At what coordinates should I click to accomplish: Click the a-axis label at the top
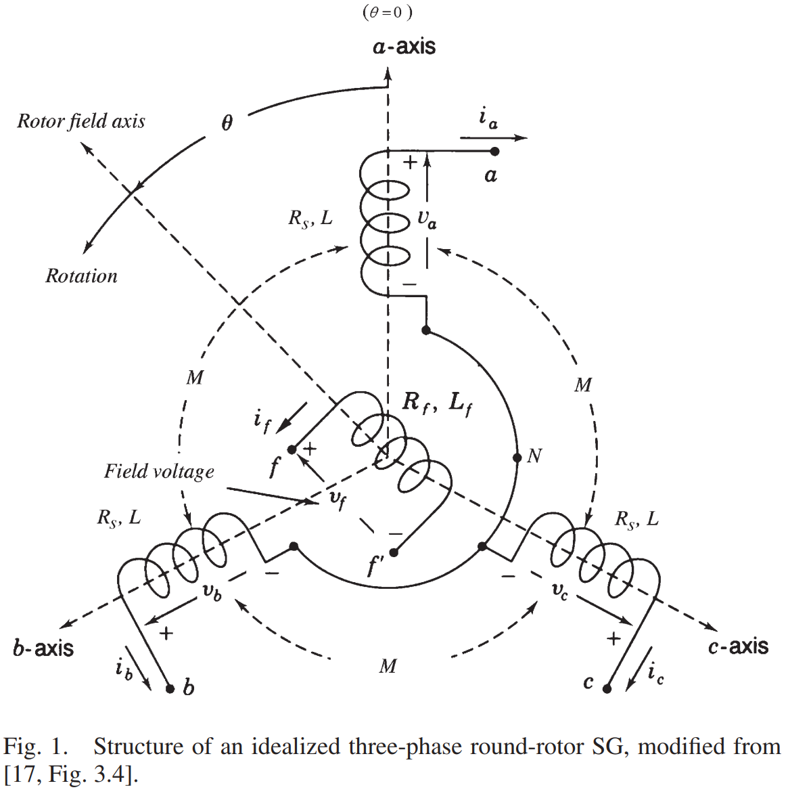tap(404, 47)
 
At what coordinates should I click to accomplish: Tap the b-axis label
tap(43, 648)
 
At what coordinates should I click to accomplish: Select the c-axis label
tap(738, 646)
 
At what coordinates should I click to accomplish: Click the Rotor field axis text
tap(81, 121)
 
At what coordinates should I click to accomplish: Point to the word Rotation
tap(81, 276)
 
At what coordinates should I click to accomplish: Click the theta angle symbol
tap(227, 123)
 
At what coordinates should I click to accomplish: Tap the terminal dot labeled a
tap(494, 152)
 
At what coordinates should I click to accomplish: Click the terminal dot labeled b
tap(170, 688)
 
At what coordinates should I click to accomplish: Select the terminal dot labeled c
tap(607, 688)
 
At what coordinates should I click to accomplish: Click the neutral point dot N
tap(517, 456)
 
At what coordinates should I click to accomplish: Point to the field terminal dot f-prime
tap(394, 552)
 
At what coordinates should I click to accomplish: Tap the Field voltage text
tap(159, 472)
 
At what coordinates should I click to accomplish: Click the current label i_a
tap(488, 118)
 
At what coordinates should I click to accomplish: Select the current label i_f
tap(262, 420)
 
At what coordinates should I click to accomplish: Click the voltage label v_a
tap(427, 219)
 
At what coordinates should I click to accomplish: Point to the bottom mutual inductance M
tap(388, 666)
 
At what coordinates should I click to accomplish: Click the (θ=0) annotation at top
tap(388, 12)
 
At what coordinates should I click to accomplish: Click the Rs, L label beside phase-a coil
tap(310, 219)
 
